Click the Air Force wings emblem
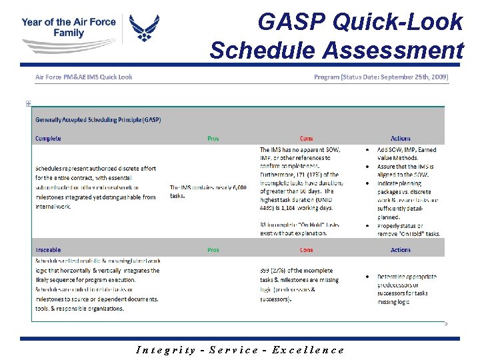point(144,29)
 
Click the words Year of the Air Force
point(68,21)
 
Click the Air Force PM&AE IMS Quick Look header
point(83,77)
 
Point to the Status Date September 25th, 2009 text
point(381,77)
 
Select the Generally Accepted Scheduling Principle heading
point(98,120)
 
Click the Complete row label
point(48,139)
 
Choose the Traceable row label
point(49,250)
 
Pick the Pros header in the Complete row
point(213,139)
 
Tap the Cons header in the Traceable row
point(306,250)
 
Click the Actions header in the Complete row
point(401,139)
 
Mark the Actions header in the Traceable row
point(401,250)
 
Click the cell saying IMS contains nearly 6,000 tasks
point(208,191)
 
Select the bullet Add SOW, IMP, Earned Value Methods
point(406,154)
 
